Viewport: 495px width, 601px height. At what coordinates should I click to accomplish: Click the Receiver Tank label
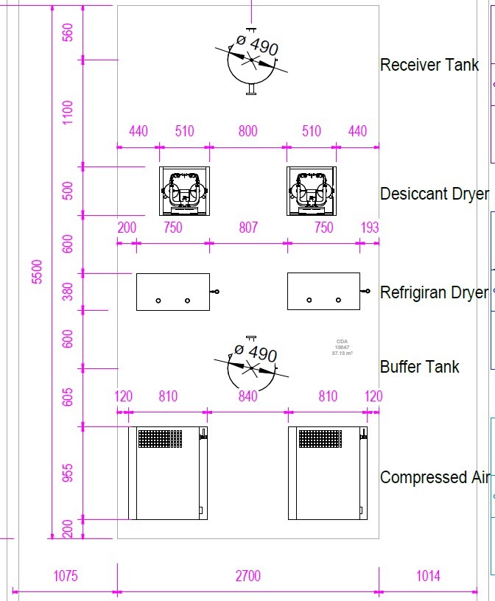tap(429, 65)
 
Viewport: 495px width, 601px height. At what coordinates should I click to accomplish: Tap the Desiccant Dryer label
tap(434, 194)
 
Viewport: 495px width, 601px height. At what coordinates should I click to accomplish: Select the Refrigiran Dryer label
tap(434, 292)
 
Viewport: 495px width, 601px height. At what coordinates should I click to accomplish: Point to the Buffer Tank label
tap(419, 367)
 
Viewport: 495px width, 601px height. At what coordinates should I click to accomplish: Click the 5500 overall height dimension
tap(38, 271)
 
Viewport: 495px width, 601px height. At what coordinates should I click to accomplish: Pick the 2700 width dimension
tap(248, 576)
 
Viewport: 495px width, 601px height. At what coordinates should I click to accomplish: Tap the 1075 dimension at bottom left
tap(66, 576)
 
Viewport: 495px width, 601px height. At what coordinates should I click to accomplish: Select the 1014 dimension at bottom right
tap(428, 576)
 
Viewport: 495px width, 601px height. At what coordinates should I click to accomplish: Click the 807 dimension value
tap(248, 228)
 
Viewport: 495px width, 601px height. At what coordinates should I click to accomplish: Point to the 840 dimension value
tap(248, 397)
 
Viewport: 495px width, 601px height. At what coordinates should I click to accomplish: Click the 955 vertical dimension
tap(69, 473)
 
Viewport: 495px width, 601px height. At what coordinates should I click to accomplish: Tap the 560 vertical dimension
tap(69, 32)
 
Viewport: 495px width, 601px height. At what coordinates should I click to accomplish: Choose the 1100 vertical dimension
tap(69, 112)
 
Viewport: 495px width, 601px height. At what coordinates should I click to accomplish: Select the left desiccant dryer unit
tap(184, 191)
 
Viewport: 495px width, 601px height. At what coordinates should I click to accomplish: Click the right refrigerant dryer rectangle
tap(323, 292)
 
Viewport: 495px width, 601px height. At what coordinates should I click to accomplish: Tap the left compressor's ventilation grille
tap(160, 438)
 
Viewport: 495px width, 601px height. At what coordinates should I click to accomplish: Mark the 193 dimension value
tap(369, 228)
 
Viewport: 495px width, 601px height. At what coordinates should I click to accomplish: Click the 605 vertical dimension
tap(69, 396)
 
